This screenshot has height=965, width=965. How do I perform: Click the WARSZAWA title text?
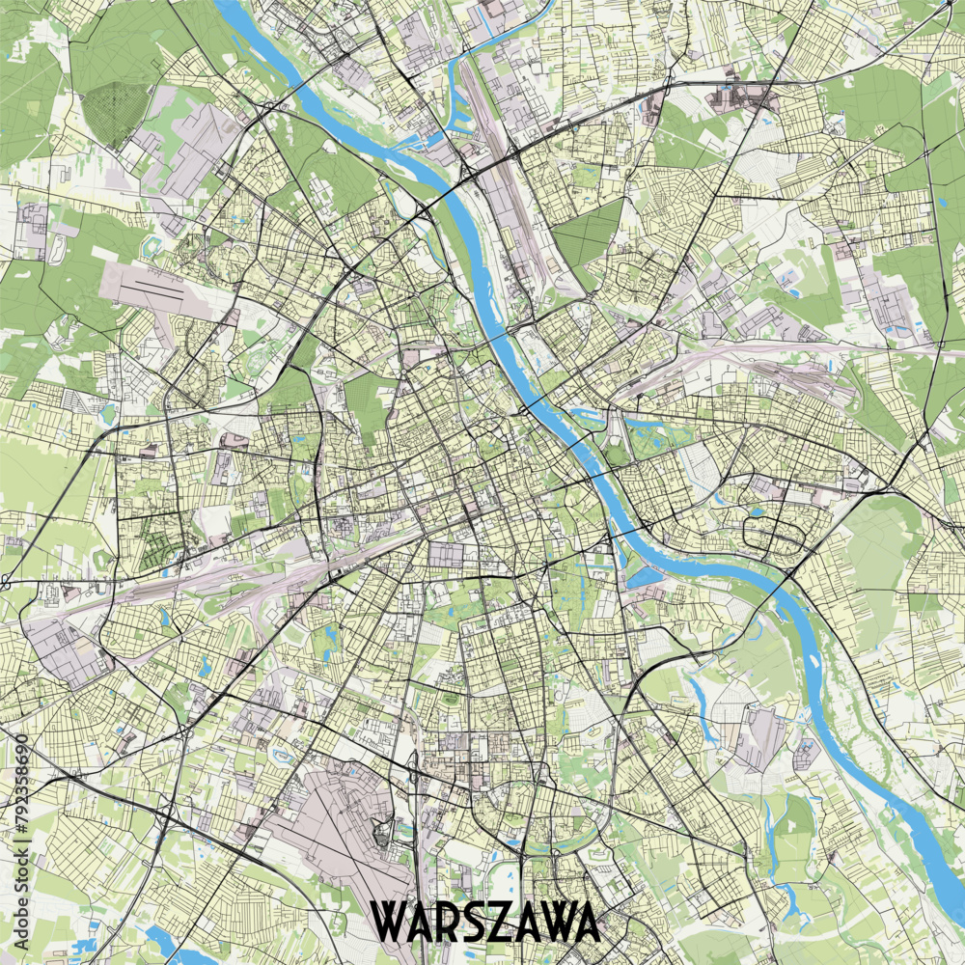coord(485,923)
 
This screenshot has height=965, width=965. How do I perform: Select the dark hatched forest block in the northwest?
coord(114,113)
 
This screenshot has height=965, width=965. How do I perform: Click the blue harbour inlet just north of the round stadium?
coord(589,417)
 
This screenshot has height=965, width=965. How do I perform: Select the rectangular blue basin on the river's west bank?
coord(642,577)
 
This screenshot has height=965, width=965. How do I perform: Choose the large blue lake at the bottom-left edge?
coord(169,947)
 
